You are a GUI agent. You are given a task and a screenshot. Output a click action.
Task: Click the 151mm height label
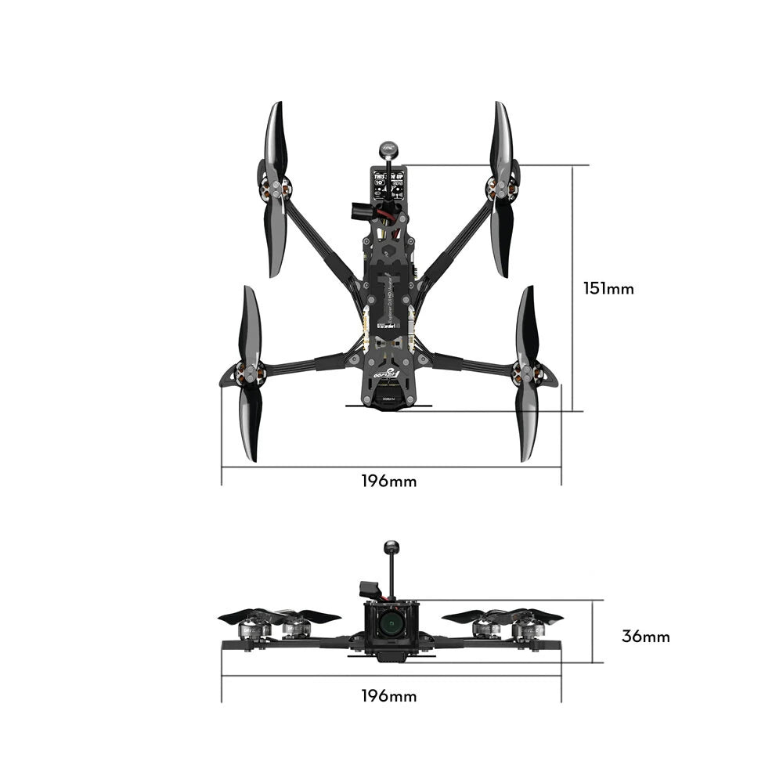point(608,288)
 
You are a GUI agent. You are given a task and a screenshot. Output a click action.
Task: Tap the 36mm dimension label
point(645,636)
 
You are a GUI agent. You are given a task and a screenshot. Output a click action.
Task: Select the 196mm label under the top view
point(389,481)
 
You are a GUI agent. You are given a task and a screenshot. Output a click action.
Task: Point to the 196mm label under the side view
point(389,695)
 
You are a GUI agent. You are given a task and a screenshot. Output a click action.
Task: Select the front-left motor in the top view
point(275,189)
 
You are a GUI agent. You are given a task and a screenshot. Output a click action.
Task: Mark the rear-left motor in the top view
point(249,374)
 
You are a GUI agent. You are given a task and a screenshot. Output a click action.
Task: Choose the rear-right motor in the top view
point(527,374)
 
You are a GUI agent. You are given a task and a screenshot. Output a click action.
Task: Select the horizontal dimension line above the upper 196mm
point(391,467)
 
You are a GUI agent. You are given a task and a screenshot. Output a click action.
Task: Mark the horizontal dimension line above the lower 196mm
point(391,676)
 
